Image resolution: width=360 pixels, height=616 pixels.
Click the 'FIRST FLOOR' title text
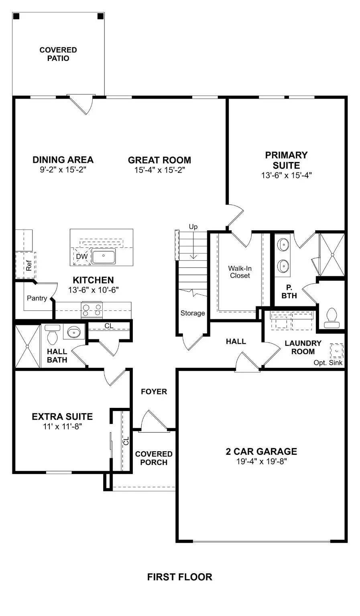click(179, 577)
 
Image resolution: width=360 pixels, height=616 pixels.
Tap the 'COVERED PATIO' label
click(58, 54)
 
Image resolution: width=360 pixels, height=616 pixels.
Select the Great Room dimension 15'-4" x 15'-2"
click(159, 170)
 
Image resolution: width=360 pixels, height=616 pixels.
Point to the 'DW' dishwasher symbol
click(81, 257)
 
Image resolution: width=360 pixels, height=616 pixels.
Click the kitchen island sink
click(104, 256)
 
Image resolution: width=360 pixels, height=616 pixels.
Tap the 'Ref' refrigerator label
click(28, 265)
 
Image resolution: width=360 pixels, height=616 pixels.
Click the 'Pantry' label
click(37, 298)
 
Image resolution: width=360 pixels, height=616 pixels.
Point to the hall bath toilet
click(53, 335)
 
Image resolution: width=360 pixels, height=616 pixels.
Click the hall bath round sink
click(74, 332)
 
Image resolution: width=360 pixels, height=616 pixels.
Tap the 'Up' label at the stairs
click(193, 227)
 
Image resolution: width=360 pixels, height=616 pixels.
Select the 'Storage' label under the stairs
click(193, 313)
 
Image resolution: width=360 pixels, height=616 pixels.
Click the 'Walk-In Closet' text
click(240, 272)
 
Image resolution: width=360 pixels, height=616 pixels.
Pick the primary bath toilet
click(332, 315)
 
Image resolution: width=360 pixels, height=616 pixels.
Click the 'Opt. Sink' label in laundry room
click(328, 363)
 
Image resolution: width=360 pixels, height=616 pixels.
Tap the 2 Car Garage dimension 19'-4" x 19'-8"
click(261, 461)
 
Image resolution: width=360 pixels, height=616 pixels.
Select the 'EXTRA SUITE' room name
click(62, 417)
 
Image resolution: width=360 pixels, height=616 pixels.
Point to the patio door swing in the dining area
click(82, 105)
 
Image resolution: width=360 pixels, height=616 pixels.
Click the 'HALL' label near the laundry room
click(236, 341)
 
